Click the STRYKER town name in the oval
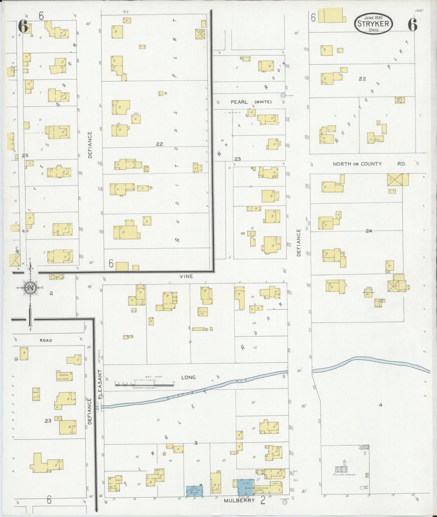pos(373,23)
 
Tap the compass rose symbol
pos(31,288)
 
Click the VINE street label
pos(186,276)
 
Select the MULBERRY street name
pos(239,500)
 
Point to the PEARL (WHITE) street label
pos(251,102)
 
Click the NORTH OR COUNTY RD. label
pos(369,164)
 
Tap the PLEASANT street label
pos(100,385)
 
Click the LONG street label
pos(188,377)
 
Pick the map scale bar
pos(144,385)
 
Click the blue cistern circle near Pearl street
pos(283,95)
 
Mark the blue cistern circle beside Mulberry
pos(284,502)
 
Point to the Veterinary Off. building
pos(368,293)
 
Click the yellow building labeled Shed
pos(36,394)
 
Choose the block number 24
pos(369,231)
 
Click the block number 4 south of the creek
pos(380,405)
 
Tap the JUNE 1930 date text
pos(373,18)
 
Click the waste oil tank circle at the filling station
pos(362,488)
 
